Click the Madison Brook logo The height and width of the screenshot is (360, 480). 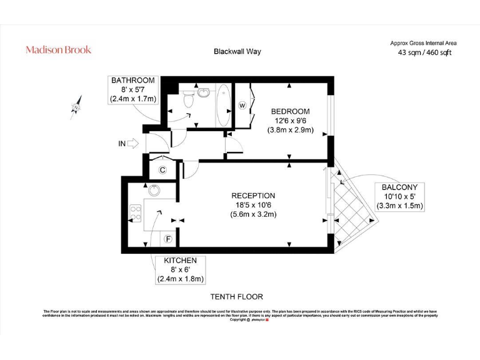click(58, 49)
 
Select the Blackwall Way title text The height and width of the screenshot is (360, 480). click(237, 51)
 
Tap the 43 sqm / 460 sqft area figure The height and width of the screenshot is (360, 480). click(424, 52)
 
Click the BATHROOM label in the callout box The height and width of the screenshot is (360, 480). click(133, 81)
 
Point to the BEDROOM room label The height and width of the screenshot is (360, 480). click(290, 111)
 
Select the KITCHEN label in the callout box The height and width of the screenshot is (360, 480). click(181, 261)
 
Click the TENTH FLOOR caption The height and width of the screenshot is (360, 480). click(237, 297)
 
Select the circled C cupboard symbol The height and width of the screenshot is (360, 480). click(162, 169)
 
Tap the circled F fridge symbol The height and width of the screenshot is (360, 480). click(167, 239)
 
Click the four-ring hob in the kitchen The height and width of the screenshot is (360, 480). click(135, 212)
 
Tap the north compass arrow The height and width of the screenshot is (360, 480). click(77, 106)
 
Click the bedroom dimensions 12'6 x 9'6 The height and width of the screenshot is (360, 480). click(290, 121)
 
